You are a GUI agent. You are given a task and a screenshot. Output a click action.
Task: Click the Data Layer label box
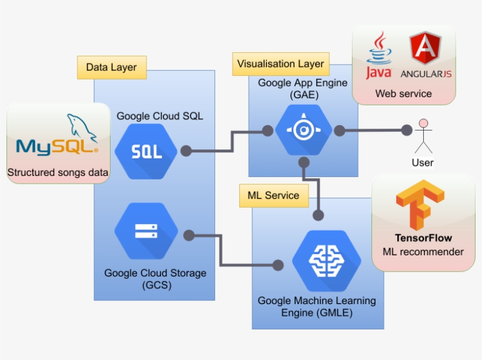112,67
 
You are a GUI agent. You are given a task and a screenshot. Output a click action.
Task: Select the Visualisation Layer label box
280,64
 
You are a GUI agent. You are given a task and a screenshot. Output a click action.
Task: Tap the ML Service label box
273,195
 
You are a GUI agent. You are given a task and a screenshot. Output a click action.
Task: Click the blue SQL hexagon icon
146,152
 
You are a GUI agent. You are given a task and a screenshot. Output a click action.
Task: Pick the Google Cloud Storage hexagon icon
146,231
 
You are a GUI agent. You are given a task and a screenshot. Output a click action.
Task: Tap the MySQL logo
58,138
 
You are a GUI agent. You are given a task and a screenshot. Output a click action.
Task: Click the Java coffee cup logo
379,56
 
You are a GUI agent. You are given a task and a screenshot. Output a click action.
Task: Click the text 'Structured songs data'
58,173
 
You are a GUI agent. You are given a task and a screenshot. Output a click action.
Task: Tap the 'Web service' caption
403,94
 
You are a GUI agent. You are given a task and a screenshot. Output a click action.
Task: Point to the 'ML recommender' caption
423,252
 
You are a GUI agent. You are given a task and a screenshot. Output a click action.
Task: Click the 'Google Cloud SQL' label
159,116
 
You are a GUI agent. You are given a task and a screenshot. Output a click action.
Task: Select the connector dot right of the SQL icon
186,151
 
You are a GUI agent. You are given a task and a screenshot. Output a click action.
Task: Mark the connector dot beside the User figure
404,130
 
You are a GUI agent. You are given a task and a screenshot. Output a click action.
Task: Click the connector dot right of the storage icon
189,235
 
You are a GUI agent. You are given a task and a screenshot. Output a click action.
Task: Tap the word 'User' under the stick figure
422,162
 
